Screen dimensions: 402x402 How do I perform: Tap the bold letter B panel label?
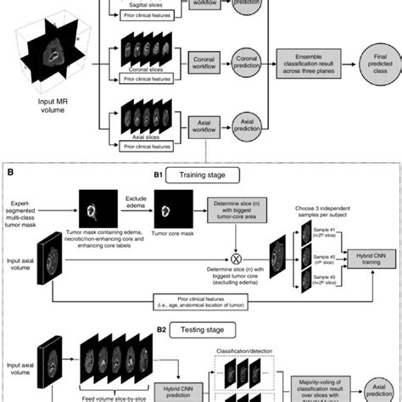[9, 171]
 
